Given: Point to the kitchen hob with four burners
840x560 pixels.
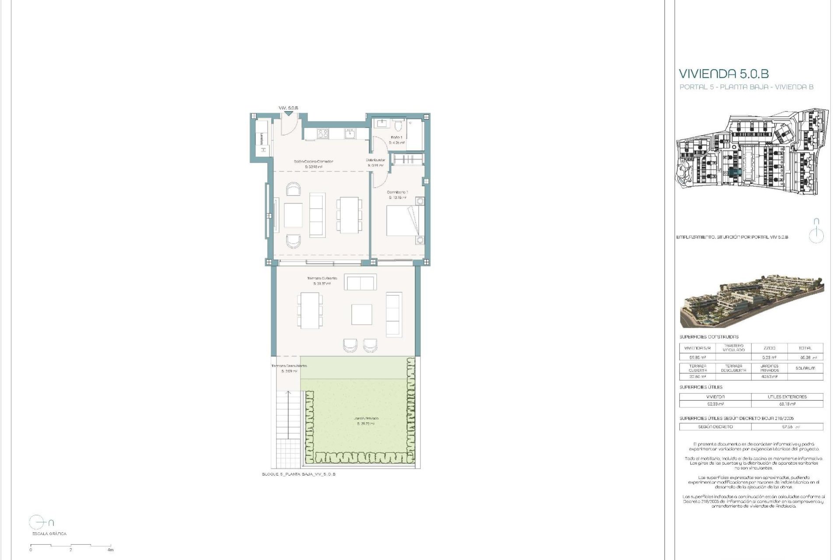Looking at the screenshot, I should click(322, 133).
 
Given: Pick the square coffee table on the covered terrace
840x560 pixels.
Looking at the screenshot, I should click(362, 315).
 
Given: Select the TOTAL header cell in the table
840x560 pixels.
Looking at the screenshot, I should click(805, 348).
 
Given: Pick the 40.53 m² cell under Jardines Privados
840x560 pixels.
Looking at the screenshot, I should click(769, 377).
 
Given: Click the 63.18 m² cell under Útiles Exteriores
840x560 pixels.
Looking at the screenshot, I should click(787, 404).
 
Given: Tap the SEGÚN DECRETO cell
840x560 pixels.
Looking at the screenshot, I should click(715, 427).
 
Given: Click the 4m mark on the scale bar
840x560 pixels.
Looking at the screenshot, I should click(111, 549).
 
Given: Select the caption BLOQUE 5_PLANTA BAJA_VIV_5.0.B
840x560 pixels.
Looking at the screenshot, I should click(298, 474).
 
